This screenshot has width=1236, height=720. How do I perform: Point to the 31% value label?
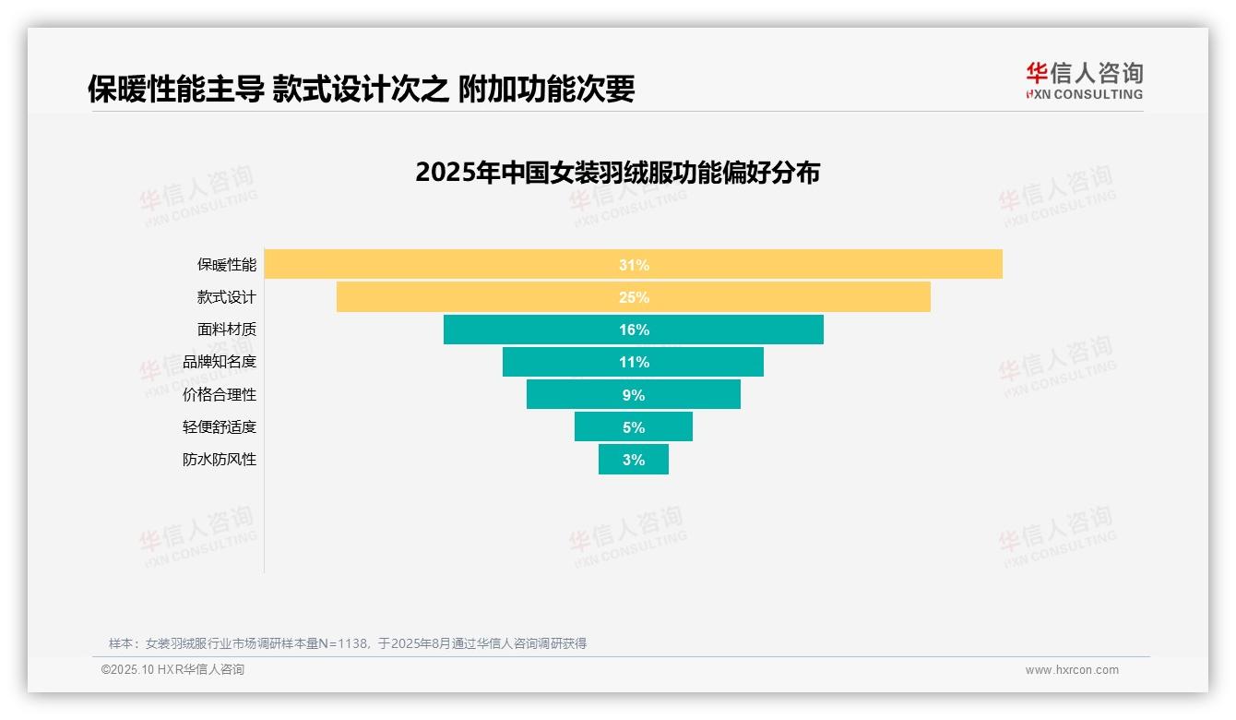pyautogui.click(x=634, y=265)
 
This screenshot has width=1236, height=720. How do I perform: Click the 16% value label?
pyautogui.click(x=634, y=330)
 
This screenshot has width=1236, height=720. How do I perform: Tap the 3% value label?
pyautogui.click(x=634, y=460)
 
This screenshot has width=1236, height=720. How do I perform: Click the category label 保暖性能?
pyautogui.click(x=226, y=265)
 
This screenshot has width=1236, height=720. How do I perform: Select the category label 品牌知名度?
pyautogui.click(x=220, y=362)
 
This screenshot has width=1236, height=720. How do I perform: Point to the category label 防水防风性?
pyautogui.click(x=220, y=460)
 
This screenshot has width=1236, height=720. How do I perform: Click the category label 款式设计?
pyautogui.click(x=226, y=297)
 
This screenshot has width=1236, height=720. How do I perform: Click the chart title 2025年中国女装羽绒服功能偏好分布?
pyautogui.click(x=617, y=173)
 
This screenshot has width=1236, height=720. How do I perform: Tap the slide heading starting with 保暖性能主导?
pyautogui.click(x=361, y=89)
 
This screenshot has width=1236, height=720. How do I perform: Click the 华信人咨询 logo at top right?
pyautogui.click(x=1084, y=80)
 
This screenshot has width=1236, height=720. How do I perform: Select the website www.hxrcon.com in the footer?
pyautogui.click(x=1072, y=670)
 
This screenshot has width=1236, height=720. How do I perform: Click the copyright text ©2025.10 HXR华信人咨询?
pyautogui.click(x=172, y=670)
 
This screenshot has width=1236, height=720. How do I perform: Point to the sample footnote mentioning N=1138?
pyautogui.click(x=348, y=643)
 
